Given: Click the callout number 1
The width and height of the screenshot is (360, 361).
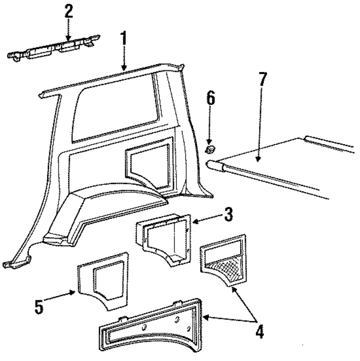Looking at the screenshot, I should pyautogui.click(x=125, y=40).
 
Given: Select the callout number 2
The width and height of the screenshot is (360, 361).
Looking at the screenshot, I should pyautogui.click(x=69, y=11).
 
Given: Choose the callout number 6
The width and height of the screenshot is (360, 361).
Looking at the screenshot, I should pyautogui.click(x=210, y=99).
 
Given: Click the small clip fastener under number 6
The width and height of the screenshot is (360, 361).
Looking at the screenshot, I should pyautogui.click(x=210, y=149).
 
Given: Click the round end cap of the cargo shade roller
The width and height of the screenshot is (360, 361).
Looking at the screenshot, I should pyautogui.click(x=211, y=165).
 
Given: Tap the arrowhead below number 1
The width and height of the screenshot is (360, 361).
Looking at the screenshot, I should pyautogui.click(x=124, y=69).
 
